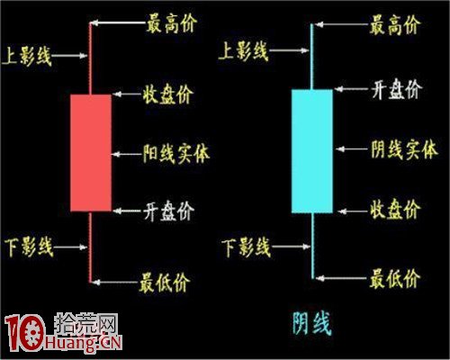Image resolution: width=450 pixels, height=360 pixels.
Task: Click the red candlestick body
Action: (x=91, y=153)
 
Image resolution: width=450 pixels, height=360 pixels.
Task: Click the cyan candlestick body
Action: (x=312, y=151)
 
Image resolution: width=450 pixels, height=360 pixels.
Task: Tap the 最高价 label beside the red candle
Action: (x=172, y=23)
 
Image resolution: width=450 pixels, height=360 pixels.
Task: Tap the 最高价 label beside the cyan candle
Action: (x=394, y=25)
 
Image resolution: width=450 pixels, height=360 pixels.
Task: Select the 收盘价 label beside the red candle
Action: (x=168, y=94)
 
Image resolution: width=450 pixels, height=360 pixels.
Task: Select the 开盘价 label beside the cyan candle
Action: (x=397, y=89)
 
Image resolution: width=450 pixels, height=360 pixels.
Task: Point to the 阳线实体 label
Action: (x=176, y=154)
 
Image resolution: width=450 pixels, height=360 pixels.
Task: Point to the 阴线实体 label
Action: (x=404, y=149)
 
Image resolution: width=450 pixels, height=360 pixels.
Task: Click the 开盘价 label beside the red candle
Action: (x=168, y=211)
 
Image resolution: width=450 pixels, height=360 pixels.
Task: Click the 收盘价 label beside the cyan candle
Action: (x=395, y=209)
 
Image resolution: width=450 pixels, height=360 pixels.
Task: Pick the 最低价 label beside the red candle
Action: (x=165, y=283)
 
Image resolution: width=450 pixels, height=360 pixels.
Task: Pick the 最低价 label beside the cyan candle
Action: (x=394, y=279)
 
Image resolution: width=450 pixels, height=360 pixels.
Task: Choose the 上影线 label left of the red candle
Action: (x=27, y=56)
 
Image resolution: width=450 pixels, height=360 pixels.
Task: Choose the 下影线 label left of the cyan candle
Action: (x=246, y=247)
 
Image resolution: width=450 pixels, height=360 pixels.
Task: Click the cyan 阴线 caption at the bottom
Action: (x=312, y=323)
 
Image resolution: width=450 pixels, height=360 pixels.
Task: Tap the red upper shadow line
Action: (x=90, y=58)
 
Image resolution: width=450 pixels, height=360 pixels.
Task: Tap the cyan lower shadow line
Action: (x=312, y=246)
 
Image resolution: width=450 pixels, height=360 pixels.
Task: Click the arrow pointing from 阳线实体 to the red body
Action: (x=128, y=155)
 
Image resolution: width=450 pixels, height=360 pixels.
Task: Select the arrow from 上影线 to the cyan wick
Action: (x=290, y=50)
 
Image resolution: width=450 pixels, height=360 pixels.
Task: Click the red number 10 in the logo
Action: (x=24, y=333)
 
